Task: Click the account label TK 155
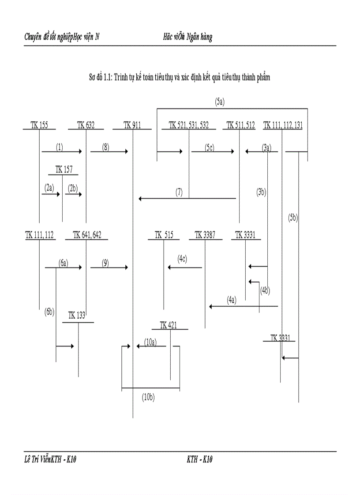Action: pos(39,125)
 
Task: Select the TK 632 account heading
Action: pos(86,125)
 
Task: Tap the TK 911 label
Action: pos(132,125)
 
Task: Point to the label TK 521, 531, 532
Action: pos(188,125)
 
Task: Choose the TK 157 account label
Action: pos(64,170)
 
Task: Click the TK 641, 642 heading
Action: pos(87,235)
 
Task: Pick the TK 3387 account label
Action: pos(205,235)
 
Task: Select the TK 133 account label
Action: pos(77,315)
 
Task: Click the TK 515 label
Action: pos(164,235)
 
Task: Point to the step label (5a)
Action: pos(220,102)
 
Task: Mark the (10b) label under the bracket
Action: pos(148,397)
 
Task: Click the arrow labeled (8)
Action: pos(109,152)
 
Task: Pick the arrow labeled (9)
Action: pos(109,268)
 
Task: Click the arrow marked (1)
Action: pos(62,152)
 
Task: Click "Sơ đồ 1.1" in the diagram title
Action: pos(100,78)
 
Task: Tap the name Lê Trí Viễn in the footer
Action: pos(37,460)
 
